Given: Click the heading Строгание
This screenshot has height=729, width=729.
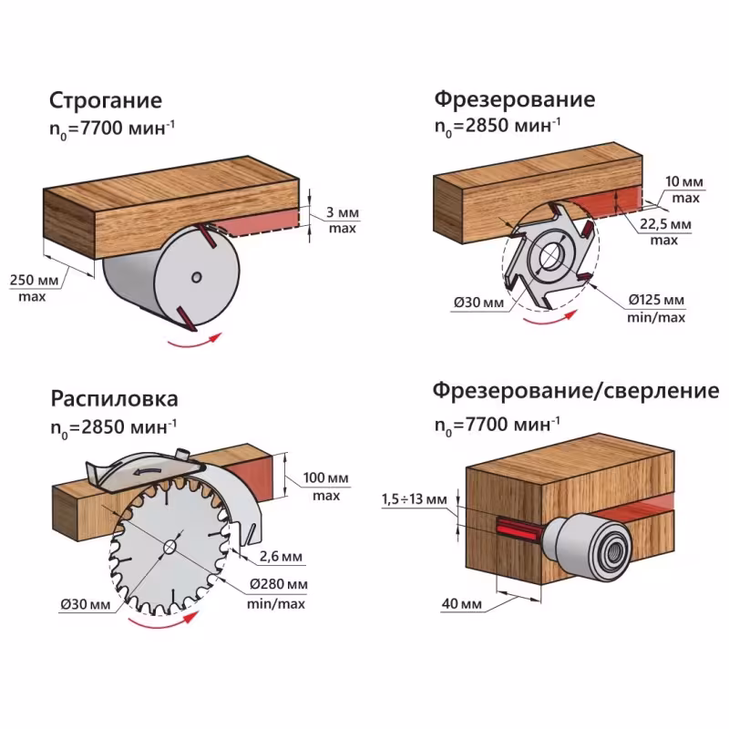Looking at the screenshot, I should tap(106, 99).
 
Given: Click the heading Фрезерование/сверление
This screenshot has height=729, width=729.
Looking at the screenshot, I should tap(575, 391).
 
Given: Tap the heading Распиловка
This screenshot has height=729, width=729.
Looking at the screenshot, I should tap(114, 400).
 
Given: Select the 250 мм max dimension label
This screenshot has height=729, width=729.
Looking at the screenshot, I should tap(34, 287).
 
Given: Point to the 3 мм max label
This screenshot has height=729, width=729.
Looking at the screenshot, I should tap(343, 220).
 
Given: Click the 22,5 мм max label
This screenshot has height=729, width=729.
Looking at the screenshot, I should tap(663, 231).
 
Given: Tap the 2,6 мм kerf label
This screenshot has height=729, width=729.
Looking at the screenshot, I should tap(280, 556).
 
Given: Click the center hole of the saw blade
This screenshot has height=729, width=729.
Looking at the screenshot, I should tap(169, 547).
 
